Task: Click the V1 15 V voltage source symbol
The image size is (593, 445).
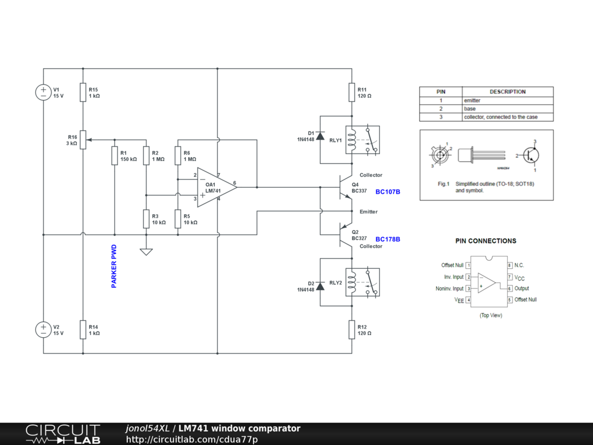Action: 43,92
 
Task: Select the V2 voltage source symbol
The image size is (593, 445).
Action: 43,330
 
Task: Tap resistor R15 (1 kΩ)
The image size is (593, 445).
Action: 83,92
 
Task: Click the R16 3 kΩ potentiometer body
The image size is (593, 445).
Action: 83,140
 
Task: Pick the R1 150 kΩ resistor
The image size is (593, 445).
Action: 115,155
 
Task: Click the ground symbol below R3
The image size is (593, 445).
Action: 146,251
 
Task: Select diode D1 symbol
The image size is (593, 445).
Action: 320,136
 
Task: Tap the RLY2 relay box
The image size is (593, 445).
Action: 363,282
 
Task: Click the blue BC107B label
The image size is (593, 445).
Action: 387,192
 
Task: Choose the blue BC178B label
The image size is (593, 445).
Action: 387,239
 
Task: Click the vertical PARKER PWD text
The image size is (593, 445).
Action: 114,267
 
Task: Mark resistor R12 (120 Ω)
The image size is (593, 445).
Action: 352,330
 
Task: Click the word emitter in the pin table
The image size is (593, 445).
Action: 472,101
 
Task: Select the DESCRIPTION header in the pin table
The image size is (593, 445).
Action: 507,92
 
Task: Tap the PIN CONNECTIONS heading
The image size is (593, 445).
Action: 486,241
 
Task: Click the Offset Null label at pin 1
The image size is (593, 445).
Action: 452,265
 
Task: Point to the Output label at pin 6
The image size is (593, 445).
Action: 522,289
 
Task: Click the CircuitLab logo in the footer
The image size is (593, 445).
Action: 63,434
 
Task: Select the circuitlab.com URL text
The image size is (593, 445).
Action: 192,439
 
